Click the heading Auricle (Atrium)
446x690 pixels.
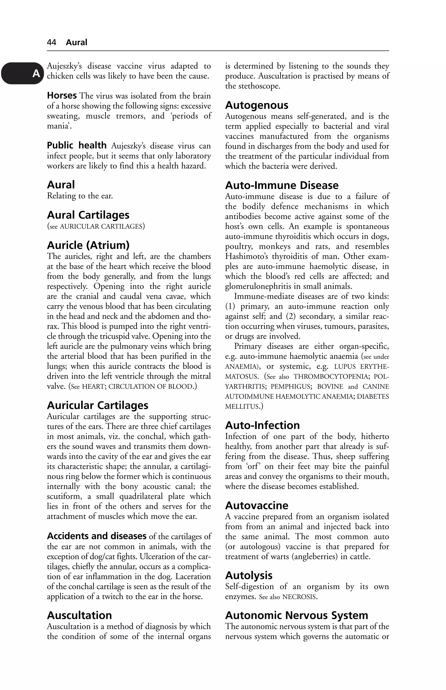(x=88, y=245)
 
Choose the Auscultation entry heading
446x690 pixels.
(x=79, y=615)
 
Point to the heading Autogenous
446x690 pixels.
(x=257, y=105)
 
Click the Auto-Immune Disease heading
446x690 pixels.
(x=282, y=185)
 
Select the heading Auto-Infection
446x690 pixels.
(x=262, y=425)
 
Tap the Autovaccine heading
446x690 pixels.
(x=257, y=505)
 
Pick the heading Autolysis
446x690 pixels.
(x=249, y=575)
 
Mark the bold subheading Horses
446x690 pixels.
(x=62, y=95)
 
